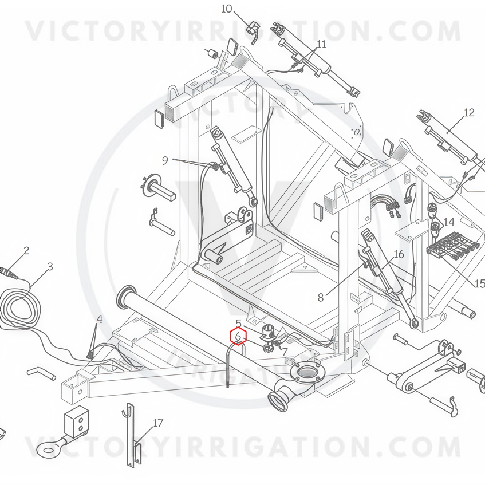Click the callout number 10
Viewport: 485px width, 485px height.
(x=227, y=9)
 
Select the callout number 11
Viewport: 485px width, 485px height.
(x=321, y=44)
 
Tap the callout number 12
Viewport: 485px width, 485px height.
(x=469, y=112)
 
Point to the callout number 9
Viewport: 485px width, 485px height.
(x=165, y=161)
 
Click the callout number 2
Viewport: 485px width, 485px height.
(x=26, y=250)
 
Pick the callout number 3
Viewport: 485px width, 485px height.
(x=50, y=266)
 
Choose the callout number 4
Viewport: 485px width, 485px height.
(x=100, y=319)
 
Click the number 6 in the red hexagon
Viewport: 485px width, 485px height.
(x=238, y=337)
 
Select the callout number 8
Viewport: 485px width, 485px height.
(x=321, y=297)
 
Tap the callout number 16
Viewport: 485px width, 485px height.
(x=399, y=254)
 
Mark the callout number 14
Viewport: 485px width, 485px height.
(x=448, y=222)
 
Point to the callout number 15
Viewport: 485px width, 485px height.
(x=479, y=284)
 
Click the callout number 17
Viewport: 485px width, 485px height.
(x=158, y=423)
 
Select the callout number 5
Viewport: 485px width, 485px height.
(x=239, y=324)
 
